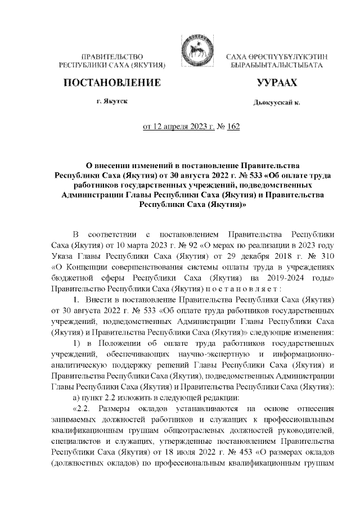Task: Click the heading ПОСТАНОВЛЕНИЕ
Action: tap(111, 83)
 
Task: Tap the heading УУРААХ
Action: tap(276, 83)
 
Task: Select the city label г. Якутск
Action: tap(111, 102)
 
